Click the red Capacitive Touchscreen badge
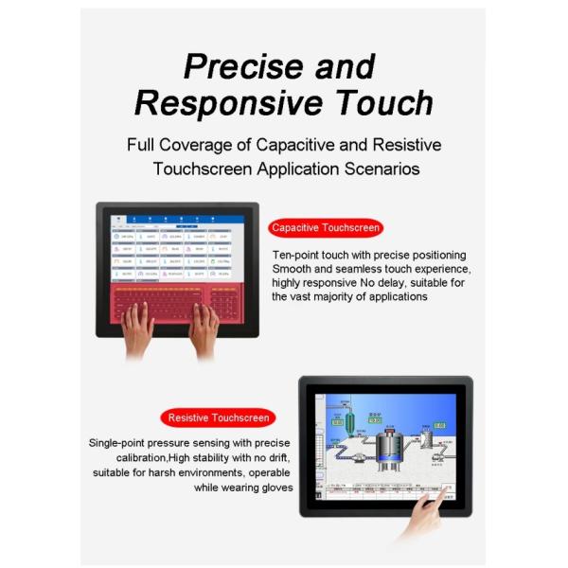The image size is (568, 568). click(326, 227)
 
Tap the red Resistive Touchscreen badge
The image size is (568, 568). click(218, 417)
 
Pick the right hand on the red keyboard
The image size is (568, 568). click(204, 328)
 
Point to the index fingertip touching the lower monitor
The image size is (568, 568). click(423, 495)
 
